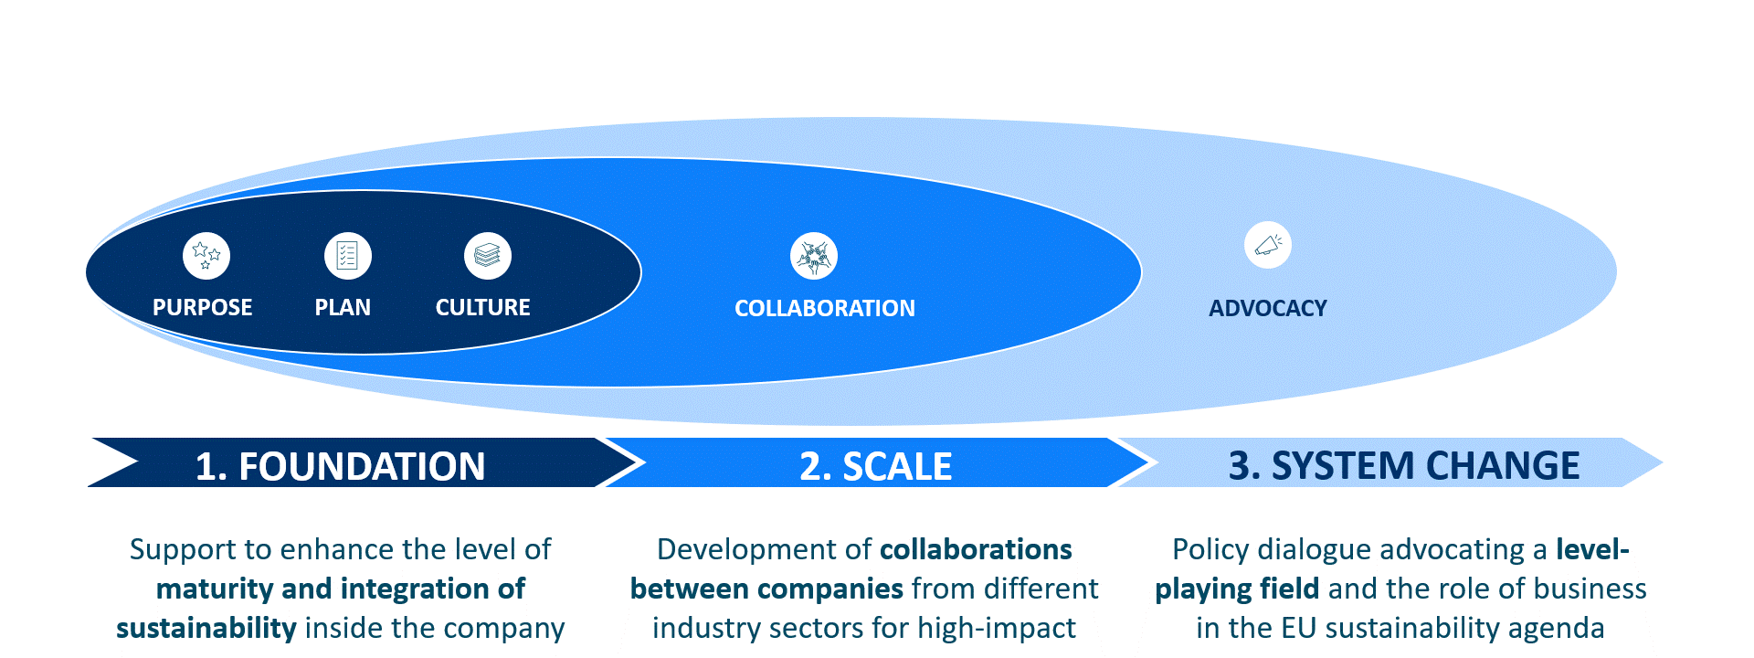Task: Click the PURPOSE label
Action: pos(202,307)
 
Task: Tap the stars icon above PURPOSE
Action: pos(206,255)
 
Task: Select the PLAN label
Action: pos(343,307)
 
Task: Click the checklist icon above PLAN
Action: pos(347,255)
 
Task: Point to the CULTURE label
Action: pos(482,307)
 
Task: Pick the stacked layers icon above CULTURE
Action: pos(487,255)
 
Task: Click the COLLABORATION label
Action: pos(824,308)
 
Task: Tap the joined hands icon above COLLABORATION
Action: pos(813,256)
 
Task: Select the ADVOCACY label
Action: pos(1267,308)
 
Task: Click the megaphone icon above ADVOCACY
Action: pos(1267,245)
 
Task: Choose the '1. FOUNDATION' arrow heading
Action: pos(340,466)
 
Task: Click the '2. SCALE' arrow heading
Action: pos(875,466)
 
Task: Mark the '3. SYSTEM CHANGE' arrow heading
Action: pos(1403,465)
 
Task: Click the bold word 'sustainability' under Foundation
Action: pos(206,628)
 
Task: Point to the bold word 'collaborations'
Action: pos(975,549)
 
